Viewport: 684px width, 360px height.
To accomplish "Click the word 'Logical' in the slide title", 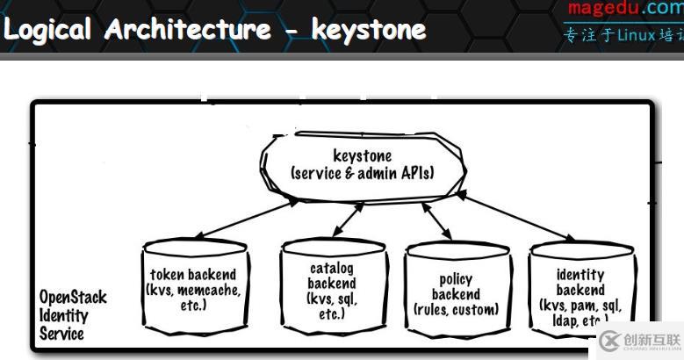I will point(48,30).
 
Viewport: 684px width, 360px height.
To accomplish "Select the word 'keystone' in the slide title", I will point(368,30).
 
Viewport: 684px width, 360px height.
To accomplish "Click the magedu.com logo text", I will point(624,10).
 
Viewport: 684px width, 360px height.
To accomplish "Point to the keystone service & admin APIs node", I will point(362,164).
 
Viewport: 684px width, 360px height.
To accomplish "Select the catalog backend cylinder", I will point(331,290).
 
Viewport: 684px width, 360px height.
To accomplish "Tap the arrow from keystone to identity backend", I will point(514,217).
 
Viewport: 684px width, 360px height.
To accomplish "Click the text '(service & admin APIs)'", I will point(362,173).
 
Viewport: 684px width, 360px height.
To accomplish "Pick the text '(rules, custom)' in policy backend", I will point(456,309).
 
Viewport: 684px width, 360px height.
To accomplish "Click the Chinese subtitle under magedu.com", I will point(624,36).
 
